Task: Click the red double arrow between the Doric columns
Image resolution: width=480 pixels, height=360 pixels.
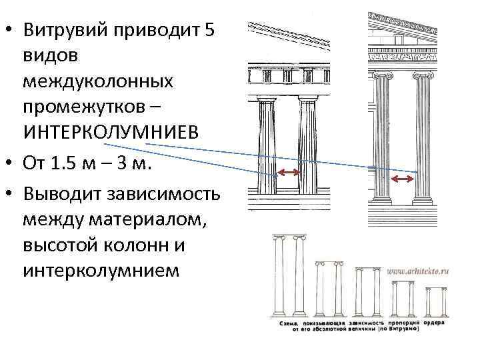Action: coord(288,173)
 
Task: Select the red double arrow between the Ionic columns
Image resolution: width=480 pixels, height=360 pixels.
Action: coord(402,179)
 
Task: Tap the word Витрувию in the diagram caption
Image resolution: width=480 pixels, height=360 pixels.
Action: coord(399,329)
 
